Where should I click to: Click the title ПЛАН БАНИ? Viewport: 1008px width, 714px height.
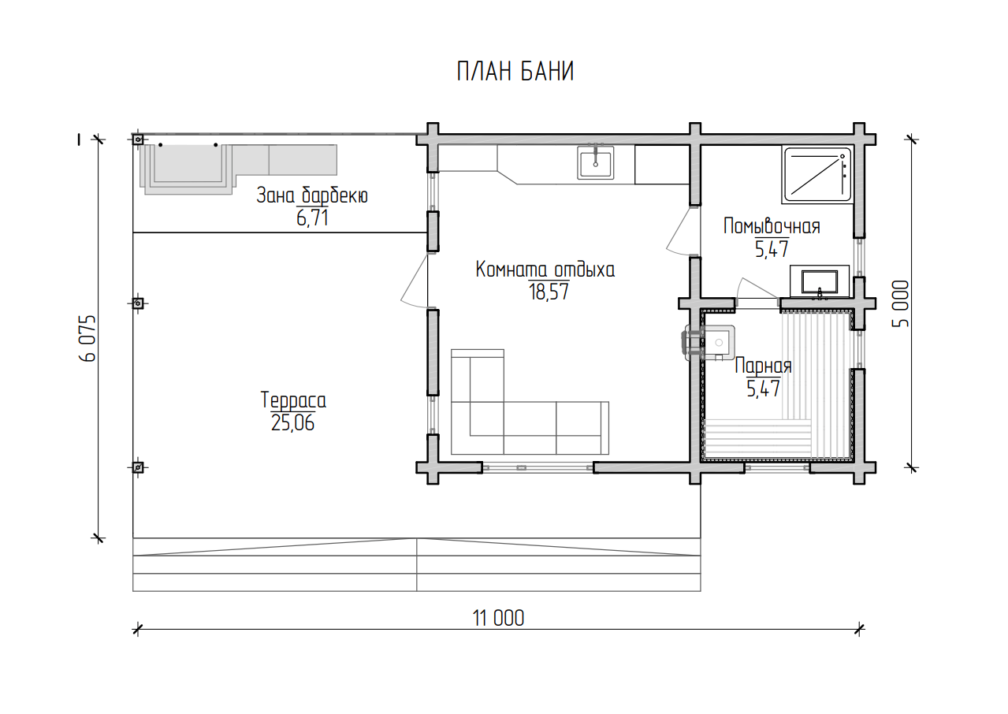515,72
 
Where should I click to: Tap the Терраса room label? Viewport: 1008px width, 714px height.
293,400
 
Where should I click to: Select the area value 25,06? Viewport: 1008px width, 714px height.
292,423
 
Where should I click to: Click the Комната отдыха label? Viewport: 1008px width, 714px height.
545,270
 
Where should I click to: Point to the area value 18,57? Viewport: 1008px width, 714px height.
549,292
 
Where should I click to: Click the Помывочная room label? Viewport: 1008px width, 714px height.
772,226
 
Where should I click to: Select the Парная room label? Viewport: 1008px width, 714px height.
763,366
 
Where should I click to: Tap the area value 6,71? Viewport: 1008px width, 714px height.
312,218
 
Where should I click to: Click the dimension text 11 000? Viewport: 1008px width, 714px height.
498,618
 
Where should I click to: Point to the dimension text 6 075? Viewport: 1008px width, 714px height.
87,338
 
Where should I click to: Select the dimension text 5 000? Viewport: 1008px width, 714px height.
901,304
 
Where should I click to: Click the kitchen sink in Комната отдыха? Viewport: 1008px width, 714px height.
595,162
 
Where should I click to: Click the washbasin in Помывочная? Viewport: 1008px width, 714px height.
820,282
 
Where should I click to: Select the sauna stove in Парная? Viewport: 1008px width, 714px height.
709,342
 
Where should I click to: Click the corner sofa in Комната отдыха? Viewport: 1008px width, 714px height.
530,402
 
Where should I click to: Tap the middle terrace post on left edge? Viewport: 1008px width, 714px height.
138,303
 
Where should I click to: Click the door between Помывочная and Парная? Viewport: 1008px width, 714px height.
757,293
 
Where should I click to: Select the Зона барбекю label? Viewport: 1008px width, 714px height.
312,195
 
